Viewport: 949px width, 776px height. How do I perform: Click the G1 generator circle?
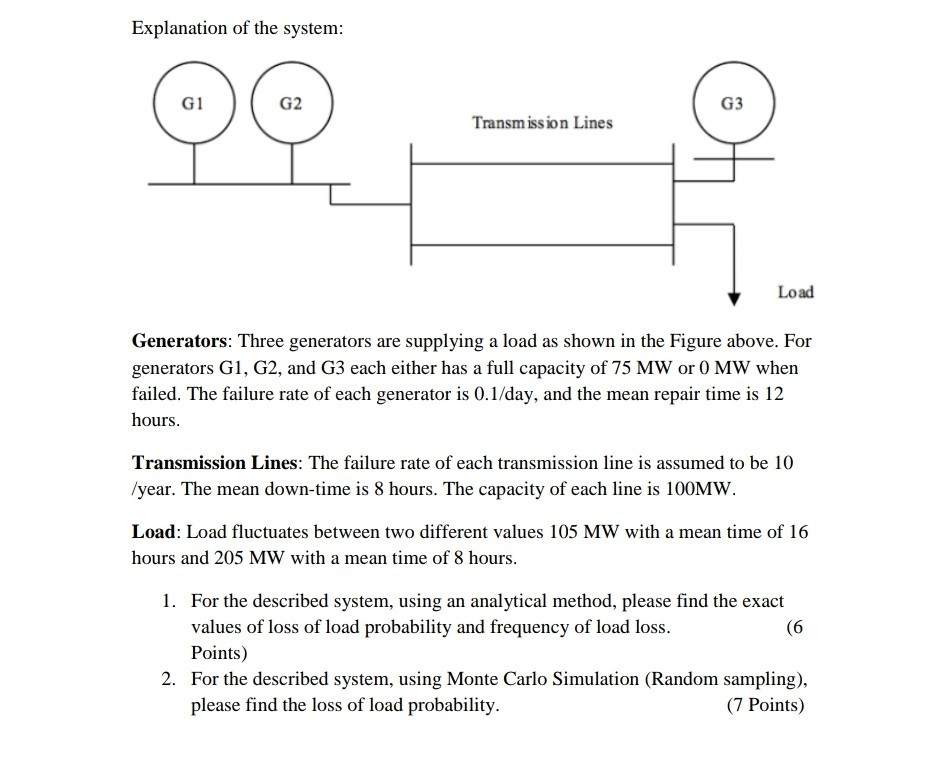click(194, 104)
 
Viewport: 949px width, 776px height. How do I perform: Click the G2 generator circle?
click(292, 104)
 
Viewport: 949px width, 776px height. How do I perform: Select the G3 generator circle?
click(733, 104)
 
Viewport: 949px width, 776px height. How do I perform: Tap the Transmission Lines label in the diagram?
click(542, 123)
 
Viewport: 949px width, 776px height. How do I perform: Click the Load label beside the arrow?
click(796, 292)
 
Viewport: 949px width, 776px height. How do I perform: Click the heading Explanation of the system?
click(237, 29)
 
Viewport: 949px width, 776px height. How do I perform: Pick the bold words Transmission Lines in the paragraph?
click(216, 464)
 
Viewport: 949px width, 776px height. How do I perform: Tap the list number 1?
click(170, 602)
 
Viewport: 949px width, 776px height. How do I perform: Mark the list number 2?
click(170, 679)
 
